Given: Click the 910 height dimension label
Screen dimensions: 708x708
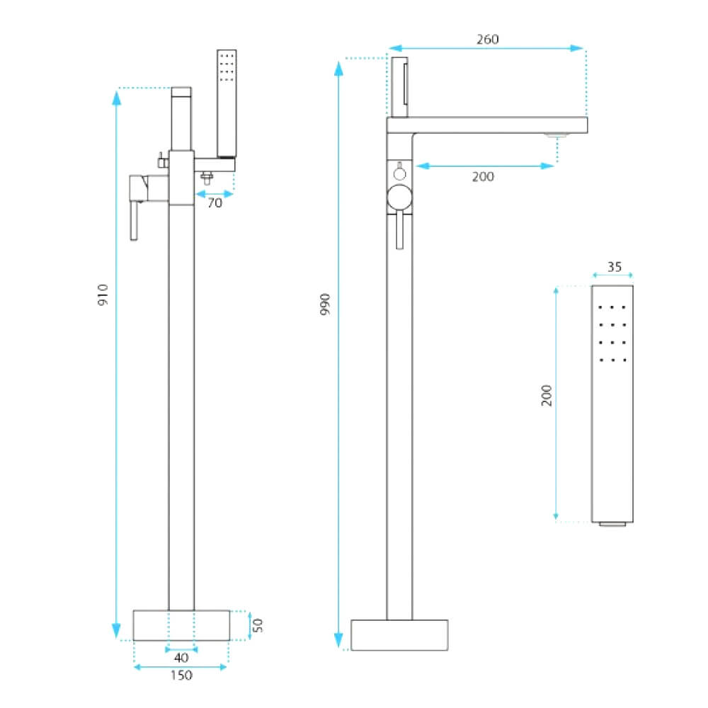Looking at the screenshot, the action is point(103,295).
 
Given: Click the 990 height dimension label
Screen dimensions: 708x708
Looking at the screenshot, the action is point(325,304).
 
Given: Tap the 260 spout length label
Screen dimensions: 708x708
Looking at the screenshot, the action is point(488,39).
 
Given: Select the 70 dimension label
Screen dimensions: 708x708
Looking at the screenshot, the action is point(215,203).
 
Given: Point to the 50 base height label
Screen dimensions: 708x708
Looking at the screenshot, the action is point(258,625).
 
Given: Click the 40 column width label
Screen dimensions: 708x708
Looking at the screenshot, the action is point(181,658).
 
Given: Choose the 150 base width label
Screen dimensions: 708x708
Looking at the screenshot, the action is point(181,675).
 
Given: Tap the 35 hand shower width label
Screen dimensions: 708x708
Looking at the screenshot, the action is point(614,267).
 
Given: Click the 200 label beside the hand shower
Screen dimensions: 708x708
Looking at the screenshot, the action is point(547,396).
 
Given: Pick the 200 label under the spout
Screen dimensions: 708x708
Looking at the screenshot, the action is point(483,176).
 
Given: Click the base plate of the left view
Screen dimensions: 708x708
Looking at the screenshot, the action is point(181,625).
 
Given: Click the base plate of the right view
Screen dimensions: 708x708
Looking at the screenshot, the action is point(399,635).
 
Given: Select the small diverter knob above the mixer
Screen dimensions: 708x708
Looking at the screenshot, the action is point(399,173).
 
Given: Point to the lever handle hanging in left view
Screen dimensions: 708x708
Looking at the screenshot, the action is point(134,221).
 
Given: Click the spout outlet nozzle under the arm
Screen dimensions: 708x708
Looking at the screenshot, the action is point(557,135).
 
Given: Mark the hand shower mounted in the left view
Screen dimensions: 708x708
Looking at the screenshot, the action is point(227,103).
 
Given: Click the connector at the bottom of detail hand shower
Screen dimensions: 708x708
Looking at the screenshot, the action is point(612,524).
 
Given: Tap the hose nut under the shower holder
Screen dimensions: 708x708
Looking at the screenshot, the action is point(207,178).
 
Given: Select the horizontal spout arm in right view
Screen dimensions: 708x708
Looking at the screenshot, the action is point(487,125).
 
